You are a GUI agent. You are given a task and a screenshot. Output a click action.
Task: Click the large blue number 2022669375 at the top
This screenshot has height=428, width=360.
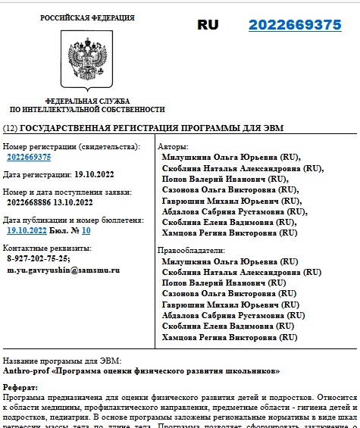[x=295, y=25]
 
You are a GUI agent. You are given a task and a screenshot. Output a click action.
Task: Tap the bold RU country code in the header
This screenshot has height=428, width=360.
[x=208, y=25]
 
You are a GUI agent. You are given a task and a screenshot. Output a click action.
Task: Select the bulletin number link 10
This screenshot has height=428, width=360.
[x=86, y=230]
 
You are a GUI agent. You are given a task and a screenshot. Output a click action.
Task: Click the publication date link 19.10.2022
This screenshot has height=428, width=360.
[x=27, y=230]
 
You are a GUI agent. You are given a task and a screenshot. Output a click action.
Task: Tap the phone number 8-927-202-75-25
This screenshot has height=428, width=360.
[x=38, y=258]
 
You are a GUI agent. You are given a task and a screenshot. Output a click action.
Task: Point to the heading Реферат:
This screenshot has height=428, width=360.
[x=20, y=387]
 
